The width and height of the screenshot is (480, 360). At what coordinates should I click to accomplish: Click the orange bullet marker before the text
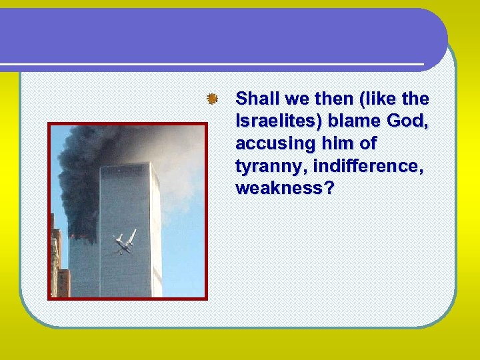(x=211, y=99)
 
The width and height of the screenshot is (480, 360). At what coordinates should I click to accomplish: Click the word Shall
(x=257, y=99)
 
